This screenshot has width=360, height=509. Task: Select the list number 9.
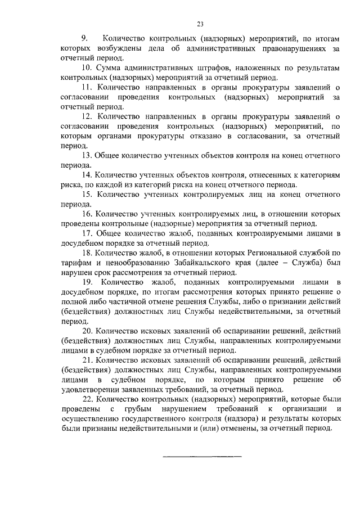pyautogui.click(x=85, y=39)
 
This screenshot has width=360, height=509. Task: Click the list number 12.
pyautogui.click(x=87, y=116)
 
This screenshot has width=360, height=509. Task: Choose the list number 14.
pyautogui.click(x=87, y=175)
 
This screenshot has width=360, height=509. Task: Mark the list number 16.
pyautogui.click(x=87, y=214)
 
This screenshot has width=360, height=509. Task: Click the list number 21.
pyautogui.click(x=87, y=360)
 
